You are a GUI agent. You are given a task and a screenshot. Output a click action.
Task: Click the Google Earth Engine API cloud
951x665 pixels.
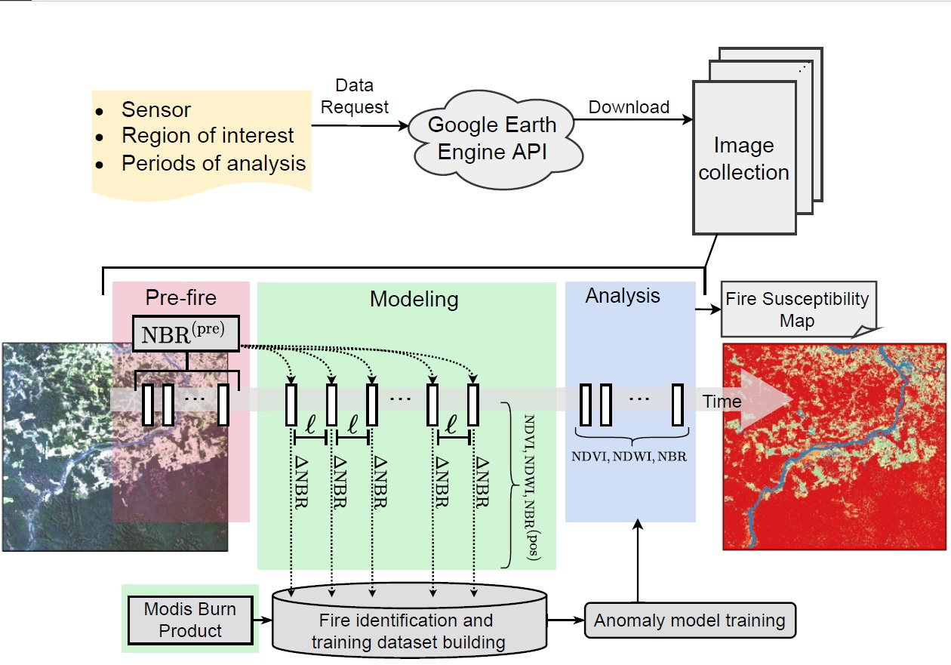coord(492,138)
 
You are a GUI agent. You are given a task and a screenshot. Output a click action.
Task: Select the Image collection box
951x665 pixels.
coord(743,158)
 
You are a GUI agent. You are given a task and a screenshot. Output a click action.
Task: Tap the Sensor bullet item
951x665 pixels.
coord(155,110)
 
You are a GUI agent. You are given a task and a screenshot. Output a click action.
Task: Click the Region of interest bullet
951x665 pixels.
coord(207,136)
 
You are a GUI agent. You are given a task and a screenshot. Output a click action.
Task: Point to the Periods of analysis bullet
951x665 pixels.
coord(213,163)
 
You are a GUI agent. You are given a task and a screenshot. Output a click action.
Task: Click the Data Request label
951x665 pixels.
coord(355,97)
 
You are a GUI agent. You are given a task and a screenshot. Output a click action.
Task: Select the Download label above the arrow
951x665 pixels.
coord(629,107)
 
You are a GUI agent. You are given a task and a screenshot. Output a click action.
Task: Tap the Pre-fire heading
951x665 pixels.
coord(180,297)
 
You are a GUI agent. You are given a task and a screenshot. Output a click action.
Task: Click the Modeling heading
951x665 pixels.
coord(414,299)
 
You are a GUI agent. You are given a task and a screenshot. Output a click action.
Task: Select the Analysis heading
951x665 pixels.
coord(623,296)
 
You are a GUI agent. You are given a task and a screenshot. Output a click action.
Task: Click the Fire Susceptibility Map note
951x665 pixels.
coord(797,309)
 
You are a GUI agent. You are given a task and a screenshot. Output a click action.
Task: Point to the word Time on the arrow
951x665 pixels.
coord(722,402)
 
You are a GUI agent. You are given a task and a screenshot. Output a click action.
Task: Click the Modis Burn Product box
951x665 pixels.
coord(190,619)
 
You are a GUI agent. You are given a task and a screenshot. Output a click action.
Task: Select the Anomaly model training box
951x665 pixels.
coord(690,621)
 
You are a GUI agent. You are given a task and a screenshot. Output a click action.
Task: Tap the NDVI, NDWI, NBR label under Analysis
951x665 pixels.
coord(631,456)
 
